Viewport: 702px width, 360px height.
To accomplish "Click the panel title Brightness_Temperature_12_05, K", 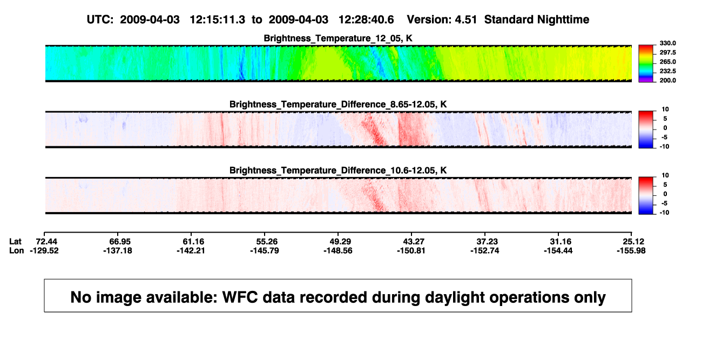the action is tap(338, 38).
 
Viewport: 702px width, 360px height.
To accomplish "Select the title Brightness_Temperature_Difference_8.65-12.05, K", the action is tap(338, 104).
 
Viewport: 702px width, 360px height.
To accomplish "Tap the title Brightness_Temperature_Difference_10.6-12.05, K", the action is tap(338, 171).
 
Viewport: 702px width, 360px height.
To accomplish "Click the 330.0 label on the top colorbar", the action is tap(667, 43).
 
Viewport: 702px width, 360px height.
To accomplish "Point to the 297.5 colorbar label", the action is tap(667, 52).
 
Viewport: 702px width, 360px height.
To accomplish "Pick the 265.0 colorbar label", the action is tap(667, 62).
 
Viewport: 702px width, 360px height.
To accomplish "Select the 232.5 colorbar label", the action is tap(667, 71).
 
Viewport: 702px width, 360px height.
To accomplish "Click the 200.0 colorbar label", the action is tap(667, 80).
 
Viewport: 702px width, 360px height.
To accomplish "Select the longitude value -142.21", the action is tap(191, 250).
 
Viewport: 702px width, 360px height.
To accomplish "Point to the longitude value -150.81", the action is tap(411, 250).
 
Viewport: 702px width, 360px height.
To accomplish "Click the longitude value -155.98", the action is tap(631, 250).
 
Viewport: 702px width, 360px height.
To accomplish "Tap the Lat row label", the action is tap(15, 242).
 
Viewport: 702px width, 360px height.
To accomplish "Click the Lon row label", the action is tap(17, 250).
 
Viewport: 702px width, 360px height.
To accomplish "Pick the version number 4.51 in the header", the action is tap(466, 19).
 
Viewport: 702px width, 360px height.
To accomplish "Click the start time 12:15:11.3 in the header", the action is tap(218, 19).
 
